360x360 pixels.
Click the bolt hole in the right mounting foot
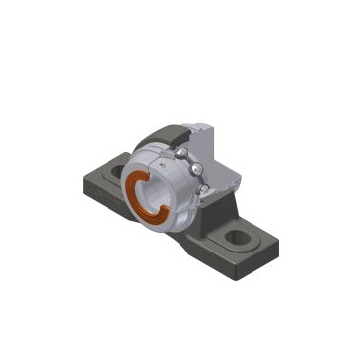238,238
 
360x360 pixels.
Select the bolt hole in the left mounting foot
118,172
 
